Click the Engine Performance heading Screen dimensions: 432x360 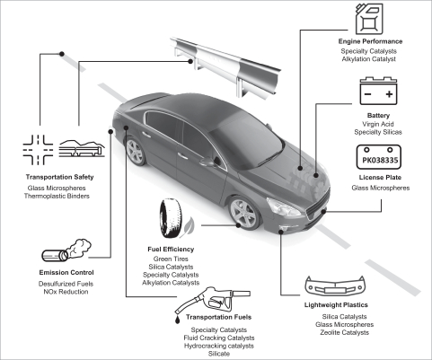370,41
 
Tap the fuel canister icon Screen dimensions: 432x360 369,19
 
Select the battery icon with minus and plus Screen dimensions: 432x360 378,91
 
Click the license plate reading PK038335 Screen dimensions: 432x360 378,157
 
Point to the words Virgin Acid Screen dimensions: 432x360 378,124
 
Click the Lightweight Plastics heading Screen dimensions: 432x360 336,305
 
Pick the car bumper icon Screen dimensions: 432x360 335,285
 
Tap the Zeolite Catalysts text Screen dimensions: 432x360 344,332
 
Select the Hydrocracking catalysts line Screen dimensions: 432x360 219,346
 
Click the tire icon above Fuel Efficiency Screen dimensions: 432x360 171,218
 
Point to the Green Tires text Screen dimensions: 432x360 171,259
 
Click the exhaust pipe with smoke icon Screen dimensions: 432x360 66,250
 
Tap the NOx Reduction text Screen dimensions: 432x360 66,292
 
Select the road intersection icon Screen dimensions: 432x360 38,150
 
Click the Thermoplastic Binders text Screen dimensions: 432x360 57,197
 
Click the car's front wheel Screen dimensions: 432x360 243,213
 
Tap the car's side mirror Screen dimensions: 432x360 207,162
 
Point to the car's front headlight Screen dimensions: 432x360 283,206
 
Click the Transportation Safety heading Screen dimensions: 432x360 59,177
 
